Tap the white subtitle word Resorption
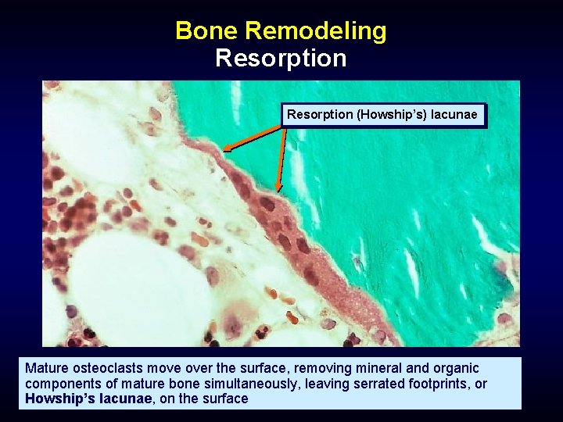(281, 59)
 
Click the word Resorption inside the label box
(320, 115)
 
